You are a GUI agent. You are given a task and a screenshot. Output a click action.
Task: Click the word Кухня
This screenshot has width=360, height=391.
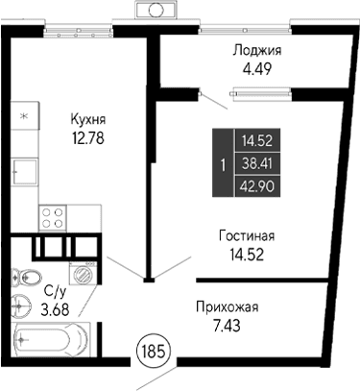87,119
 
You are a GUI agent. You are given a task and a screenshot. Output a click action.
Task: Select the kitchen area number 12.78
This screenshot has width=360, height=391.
87,136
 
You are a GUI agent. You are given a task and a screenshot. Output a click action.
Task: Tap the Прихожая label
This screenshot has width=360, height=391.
228,307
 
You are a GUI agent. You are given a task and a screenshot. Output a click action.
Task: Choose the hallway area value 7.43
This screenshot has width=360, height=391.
228,325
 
